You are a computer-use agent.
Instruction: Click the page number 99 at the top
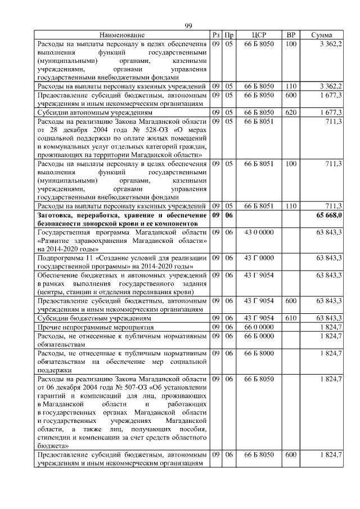[188, 26]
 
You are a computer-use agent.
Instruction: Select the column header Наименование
[122, 35]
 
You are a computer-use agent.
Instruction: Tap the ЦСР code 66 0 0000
[259, 327]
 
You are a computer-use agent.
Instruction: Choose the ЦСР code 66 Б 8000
[259, 353]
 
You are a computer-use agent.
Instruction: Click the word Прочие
[49, 327]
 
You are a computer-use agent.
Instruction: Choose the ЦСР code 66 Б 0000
[259, 336]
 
